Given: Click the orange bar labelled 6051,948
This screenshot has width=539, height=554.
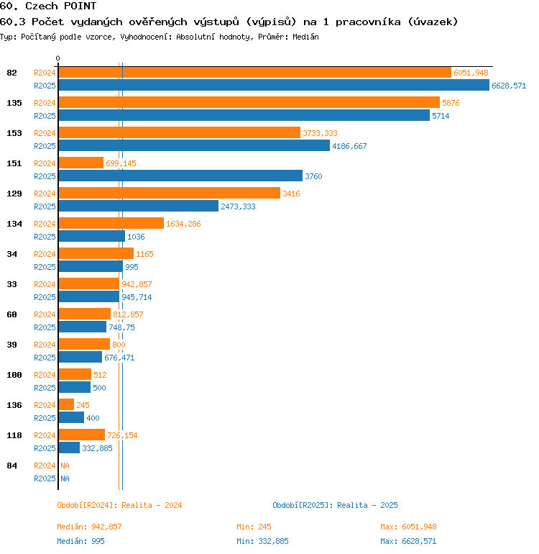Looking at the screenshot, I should (254, 72).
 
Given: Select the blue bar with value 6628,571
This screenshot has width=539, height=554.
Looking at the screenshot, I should (274, 85).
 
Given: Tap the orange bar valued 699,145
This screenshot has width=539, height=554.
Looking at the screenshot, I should (81, 163).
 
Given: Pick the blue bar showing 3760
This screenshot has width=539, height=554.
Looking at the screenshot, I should (180, 176).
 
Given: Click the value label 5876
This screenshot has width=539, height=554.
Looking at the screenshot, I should (451, 103).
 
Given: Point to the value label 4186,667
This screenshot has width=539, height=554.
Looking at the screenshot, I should (349, 146).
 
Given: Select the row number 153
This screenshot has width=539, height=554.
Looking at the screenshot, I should (14, 133).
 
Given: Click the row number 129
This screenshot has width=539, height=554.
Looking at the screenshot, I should (14, 194).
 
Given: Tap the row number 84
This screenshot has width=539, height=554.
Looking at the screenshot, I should (12, 466).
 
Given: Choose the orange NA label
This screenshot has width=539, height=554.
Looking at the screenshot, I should (65, 466).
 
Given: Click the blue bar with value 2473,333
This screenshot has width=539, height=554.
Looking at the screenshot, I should (138, 206).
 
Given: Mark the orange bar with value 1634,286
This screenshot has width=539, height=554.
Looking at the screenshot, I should (111, 223).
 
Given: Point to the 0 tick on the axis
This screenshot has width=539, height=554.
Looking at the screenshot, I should (58, 58).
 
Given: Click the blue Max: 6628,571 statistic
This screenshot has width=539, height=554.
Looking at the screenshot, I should (408, 541).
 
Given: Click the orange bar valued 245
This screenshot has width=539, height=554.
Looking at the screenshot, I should (66, 404).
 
